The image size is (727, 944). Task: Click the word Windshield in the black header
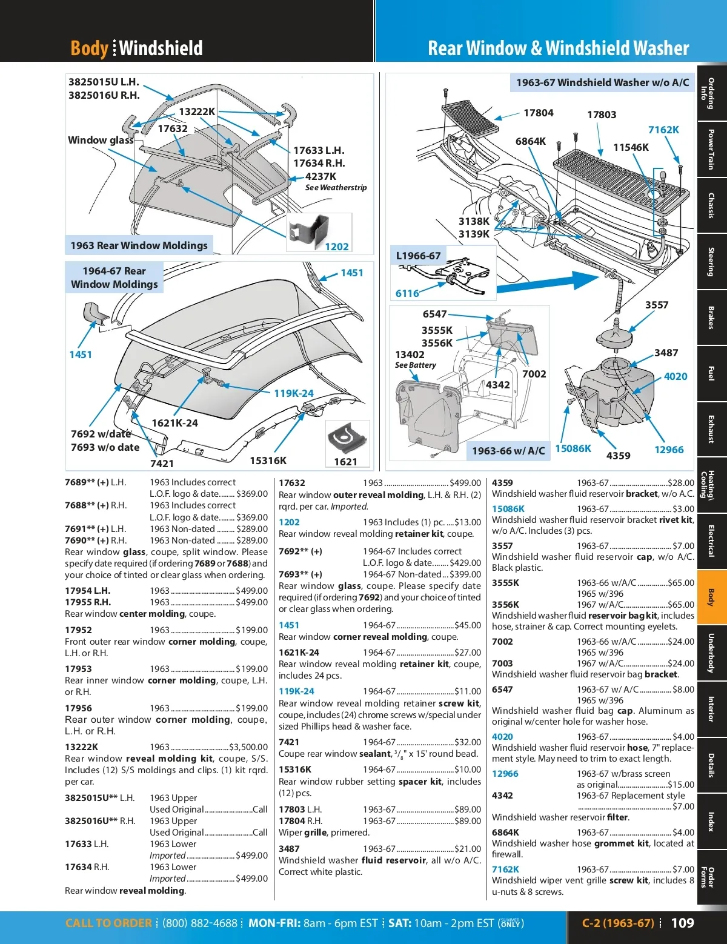click(x=161, y=48)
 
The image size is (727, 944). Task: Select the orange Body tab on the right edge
click(x=711, y=597)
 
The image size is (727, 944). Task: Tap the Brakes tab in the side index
click(x=711, y=317)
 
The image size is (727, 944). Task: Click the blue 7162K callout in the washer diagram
click(x=663, y=130)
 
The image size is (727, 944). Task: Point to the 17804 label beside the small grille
click(x=539, y=113)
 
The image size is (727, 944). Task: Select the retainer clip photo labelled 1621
click(x=347, y=438)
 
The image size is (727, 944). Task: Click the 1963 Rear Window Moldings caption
click(x=139, y=245)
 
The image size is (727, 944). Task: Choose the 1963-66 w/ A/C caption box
click(x=508, y=451)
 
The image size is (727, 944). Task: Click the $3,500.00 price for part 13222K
click(x=248, y=746)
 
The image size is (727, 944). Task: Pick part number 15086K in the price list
click(x=508, y=508)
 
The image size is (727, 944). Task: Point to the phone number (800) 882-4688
click(x=200, y=923)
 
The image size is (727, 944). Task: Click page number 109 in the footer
click(x=682, y=922)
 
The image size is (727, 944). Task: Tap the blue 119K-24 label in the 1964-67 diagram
click(x=294, y=393)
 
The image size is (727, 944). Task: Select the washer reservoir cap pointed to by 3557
click(x=614, y=336)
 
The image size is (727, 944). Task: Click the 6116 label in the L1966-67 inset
click(x=407, y=294)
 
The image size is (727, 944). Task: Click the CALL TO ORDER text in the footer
click(x=108, y=923)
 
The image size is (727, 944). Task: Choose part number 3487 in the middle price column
click(x=289, y=848)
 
